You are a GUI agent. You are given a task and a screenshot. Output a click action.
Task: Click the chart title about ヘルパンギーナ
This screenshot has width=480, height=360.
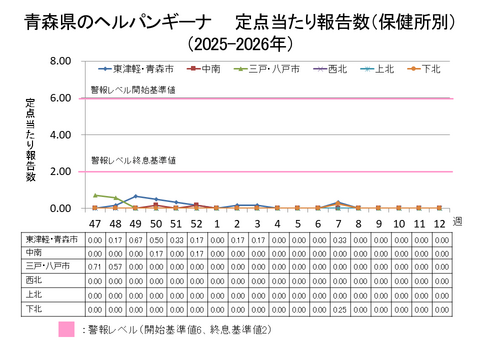[x=240, y=21]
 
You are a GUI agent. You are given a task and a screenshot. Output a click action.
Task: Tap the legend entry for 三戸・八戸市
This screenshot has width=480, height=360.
[x=262, y=69]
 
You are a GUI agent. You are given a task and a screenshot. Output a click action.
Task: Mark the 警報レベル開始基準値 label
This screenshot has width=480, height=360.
[x=133, y=90]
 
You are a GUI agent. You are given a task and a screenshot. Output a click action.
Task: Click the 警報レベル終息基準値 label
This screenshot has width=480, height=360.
[x=133, y=160]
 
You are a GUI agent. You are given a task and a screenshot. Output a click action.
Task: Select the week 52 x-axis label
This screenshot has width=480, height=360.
[x=196, y=222]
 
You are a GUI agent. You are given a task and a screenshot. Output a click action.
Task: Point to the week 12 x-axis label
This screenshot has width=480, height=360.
[x=439, y=222]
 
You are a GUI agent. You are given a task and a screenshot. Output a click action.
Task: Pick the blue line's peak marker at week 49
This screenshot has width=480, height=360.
[x=135, y=197]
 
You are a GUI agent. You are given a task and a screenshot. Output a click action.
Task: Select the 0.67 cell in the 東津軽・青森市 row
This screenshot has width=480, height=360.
[x=135, y=240]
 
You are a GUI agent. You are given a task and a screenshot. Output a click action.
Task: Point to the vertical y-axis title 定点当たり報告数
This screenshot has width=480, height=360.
[x=31, y=139]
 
